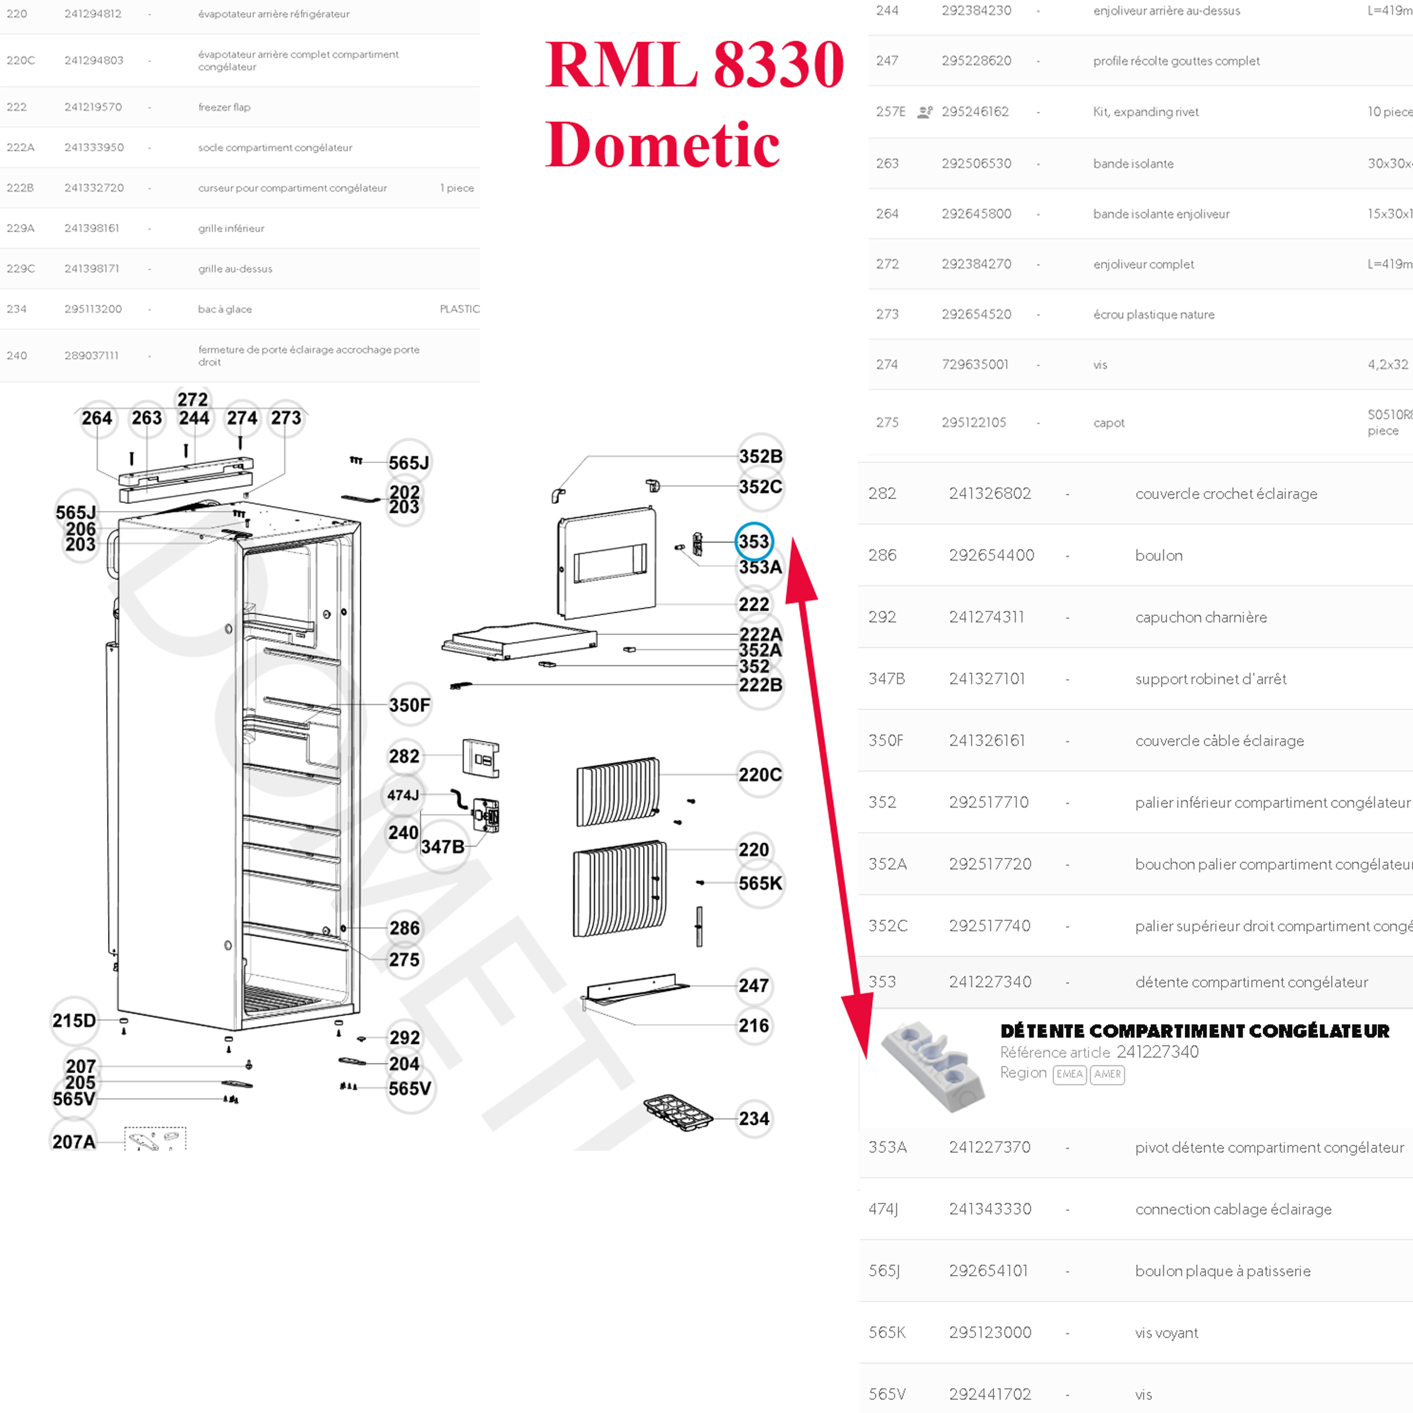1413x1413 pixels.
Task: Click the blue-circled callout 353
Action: [753, 541]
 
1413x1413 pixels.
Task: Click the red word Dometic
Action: [662, 144]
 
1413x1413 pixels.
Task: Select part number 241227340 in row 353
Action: [990, 982]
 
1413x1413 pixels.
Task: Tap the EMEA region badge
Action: [1069, 1074]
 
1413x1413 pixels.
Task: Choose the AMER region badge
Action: [1107, 1074]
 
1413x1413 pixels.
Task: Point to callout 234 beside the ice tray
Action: [753, 1119]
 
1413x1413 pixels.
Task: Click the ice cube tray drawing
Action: [678, 1112]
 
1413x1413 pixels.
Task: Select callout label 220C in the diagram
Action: [759, 774]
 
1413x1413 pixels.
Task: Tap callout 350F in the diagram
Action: [409, 705]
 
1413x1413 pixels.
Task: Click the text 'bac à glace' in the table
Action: [224, 309]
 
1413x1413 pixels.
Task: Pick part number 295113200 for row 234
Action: [93, 309]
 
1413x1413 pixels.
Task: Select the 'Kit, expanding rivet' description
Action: [1145, 112]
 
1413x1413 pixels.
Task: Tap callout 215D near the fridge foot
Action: [74, 1020]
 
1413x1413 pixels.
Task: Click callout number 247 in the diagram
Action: [753, 986]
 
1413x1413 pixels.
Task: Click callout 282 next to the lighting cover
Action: [404, 756]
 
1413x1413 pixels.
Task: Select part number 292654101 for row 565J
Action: [988, 1271]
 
